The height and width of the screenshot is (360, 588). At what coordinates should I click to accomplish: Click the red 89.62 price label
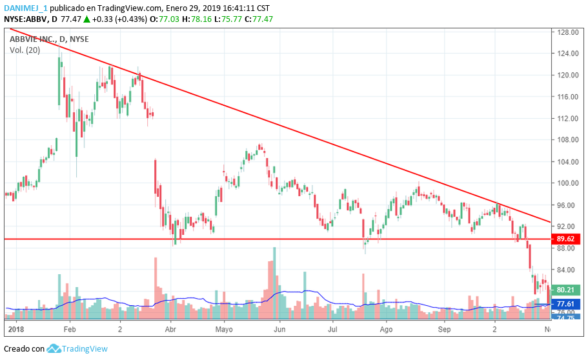[567, 239]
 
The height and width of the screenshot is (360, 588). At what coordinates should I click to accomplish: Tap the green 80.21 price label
[567, 290]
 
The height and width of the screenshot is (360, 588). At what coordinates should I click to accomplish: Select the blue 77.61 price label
[567, 304]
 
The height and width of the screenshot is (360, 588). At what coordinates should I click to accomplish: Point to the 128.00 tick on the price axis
[567, 32]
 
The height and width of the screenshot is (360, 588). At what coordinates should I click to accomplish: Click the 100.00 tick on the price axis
[567, 183]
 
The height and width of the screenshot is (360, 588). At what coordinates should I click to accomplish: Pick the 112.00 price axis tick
[567, 118]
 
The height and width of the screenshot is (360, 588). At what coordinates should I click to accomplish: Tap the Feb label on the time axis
[70, 329]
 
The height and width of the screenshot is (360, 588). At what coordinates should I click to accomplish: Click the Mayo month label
[223, 329]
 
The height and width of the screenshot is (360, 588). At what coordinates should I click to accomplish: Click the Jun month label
[278, 329]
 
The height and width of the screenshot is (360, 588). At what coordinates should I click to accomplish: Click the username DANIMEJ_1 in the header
[25, 8]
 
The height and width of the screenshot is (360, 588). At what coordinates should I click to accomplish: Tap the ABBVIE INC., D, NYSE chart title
[50, 39]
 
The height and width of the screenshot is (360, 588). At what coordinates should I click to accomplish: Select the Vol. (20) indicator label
[25, 50]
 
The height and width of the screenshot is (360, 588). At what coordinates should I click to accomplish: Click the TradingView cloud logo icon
[54, 348]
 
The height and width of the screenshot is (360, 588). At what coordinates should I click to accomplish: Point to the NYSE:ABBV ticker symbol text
[28, 19]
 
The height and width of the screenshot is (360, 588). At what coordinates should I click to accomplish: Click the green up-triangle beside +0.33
[86, 19]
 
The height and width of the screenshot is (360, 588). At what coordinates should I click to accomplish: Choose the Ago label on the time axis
[386, 329]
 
